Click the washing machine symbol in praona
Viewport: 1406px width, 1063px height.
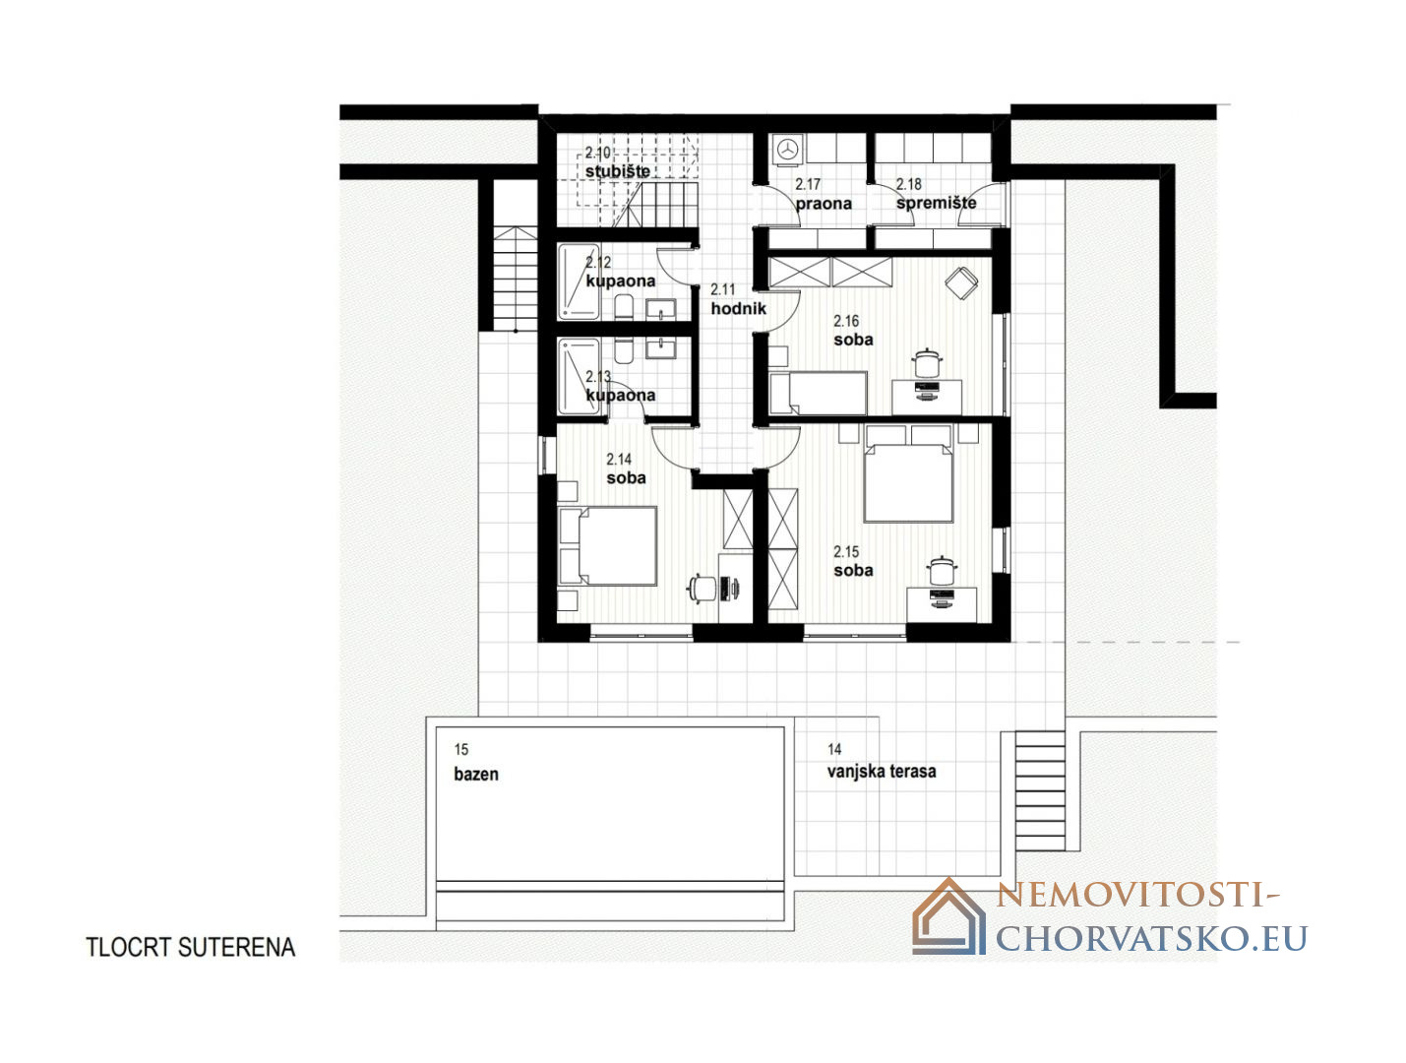786,149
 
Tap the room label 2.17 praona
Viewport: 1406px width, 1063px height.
824,194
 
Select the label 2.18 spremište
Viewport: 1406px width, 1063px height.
935,194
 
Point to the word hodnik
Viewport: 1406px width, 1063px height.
738,308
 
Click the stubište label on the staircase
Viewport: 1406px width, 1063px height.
617,170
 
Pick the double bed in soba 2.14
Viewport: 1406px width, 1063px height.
607,545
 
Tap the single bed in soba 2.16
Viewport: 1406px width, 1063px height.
818,392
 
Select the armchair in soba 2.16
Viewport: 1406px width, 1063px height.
961,281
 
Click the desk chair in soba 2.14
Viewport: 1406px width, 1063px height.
703,588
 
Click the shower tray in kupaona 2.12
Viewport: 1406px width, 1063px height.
579,281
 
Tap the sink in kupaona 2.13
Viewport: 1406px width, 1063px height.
660,347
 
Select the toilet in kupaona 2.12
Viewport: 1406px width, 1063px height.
623,306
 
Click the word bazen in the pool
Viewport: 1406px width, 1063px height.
476,774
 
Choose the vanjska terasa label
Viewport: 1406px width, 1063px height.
882,771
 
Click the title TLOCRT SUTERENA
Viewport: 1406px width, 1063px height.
190,947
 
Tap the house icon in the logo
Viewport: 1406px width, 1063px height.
948,916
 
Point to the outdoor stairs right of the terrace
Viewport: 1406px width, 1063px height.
1040,790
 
